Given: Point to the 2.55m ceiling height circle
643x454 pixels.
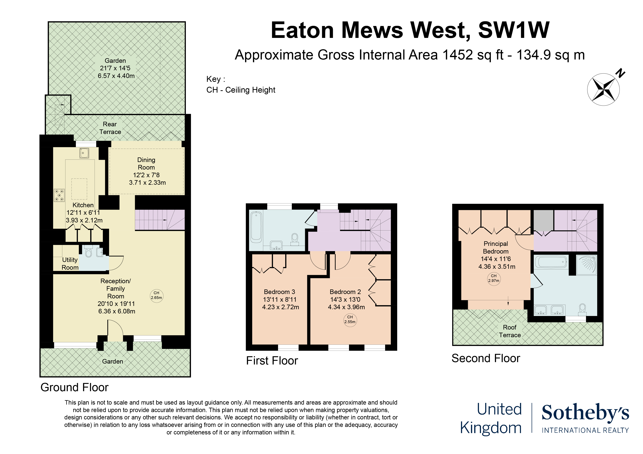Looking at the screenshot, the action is click(x=350, y=320).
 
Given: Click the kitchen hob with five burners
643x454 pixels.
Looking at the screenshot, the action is click(x=59, y=195).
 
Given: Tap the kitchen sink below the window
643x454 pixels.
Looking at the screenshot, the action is click(x=84, y=153).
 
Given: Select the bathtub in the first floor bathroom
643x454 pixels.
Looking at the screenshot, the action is click(x=256, y=227).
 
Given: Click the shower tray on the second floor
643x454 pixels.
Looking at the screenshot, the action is click(x=586, y=265).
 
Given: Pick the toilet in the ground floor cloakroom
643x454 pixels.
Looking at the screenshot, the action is click(x=89, y=252).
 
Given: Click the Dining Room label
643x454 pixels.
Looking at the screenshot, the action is click(x=146, y=164).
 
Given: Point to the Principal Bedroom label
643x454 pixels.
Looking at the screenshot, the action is click(x=496, y=248).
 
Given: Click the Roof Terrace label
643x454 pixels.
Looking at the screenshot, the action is click(x=510, y=331).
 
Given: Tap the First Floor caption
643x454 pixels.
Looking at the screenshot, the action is click(x=272, y=361).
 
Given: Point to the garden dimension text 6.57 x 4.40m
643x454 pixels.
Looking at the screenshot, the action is click(x=116, y=76).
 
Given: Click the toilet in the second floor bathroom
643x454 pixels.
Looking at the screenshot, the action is click(x=583, y=309).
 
